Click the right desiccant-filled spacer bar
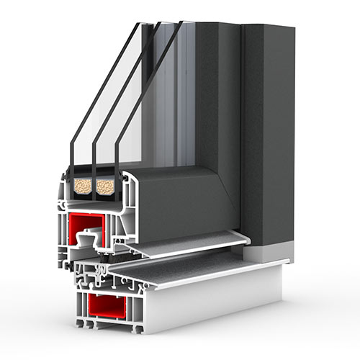pyautogui.click(x=105, y=186)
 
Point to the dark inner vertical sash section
pyautogui.click(x=216, y=108)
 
